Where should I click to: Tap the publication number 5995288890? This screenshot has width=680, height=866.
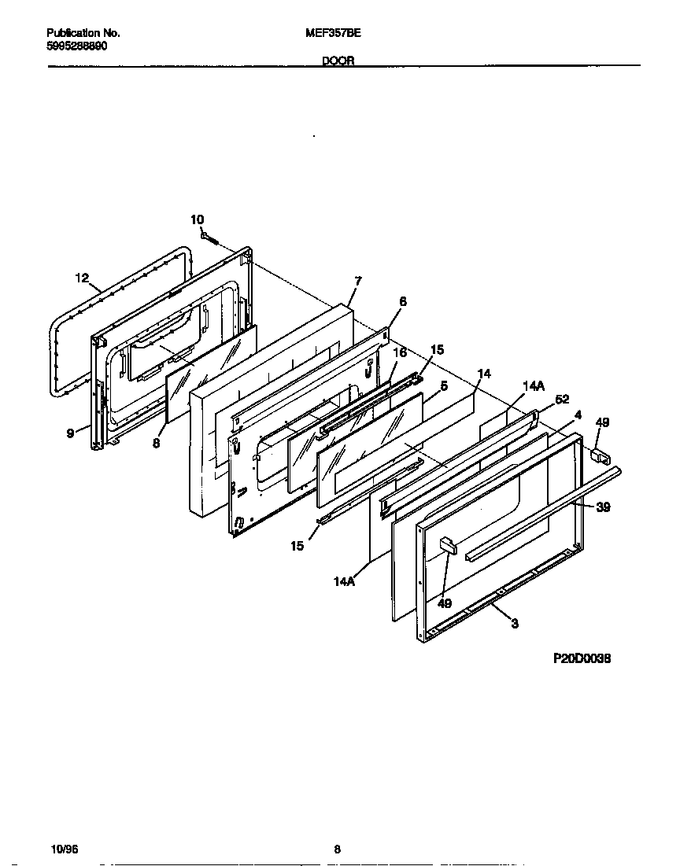coord(77,46)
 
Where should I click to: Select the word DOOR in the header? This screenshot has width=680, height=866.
coord(338,61)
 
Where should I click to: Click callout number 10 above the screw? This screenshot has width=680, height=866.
coord(197,219)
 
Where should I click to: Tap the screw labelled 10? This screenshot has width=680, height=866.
coord(209,235)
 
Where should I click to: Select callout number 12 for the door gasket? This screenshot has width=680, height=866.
coord(83,278)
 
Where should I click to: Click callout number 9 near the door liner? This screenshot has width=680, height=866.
coord(70,432)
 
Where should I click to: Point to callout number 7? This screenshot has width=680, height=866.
coord(357,280)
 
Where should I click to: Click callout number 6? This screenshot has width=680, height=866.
coord(402,300)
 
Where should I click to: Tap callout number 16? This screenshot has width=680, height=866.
coord(400,352)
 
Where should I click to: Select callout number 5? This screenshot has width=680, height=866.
coord(444,385)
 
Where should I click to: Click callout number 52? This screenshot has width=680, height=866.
coord(561,399)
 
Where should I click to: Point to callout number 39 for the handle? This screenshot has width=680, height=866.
coord(603,507)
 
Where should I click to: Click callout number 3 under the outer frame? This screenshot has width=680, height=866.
coord(514,624)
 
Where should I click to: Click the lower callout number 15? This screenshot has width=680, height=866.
coord(297,546)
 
